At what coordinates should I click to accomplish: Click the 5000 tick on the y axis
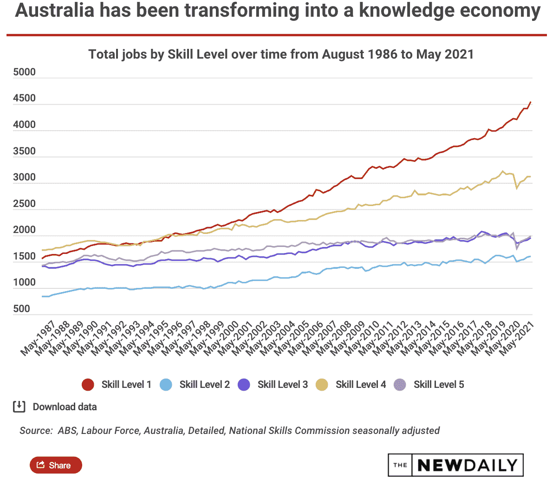tap(25, 73)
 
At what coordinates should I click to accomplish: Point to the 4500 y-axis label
tap(25, 99)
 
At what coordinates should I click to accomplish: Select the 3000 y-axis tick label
tap(25, 178)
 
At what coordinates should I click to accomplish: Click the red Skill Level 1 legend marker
tap(88, 385)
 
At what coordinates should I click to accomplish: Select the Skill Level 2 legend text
tap(204, 385)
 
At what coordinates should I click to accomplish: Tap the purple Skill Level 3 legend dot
tap(244, 385)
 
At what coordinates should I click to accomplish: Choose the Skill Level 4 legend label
tap(360, 385)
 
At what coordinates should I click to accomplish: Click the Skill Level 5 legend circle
tap(400, 385)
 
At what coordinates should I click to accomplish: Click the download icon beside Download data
tap(19, 407)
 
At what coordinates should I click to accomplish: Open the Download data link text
tap(65, 407)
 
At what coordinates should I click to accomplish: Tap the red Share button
tap(56, 465)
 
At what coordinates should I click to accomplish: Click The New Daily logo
tap(455, 465)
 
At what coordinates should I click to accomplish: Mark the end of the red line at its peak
tap(531, 102)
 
